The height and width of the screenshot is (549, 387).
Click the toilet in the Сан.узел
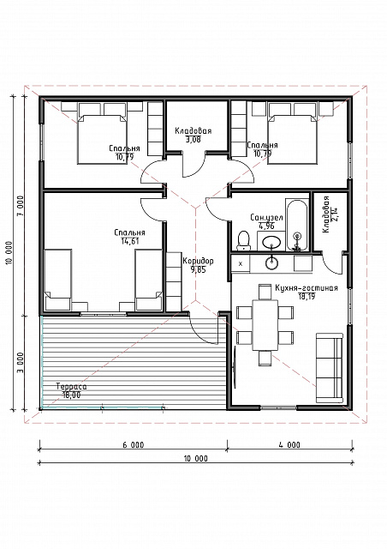point(244,240)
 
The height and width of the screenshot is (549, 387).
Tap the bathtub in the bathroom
point(297,225)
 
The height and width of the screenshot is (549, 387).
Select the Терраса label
point(71,387)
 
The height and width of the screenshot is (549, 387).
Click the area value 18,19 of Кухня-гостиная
point(306,297)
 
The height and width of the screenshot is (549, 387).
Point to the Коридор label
point(198,261)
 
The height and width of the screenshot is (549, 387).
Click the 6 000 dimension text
point(134,445)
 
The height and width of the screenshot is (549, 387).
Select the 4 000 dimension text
point(289,445)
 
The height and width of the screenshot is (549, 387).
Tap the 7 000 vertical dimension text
point(21,205)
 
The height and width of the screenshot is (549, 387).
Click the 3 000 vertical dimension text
point(21,362)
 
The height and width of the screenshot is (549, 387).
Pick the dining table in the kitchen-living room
point(265,324)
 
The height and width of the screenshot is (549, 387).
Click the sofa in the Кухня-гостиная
point(330,368)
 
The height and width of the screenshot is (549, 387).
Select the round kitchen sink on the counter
point(271,262)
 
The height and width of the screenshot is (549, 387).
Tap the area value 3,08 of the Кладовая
point(193,139)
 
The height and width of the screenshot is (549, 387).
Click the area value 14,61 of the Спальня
point(129,241)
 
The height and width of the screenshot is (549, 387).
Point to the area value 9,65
point(198,269)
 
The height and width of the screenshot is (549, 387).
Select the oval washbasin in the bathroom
point(271,242)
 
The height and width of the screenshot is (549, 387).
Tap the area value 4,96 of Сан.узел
point(266,226)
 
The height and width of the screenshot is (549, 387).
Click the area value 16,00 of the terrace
point(71,395)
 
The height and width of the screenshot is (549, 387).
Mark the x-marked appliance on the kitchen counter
point(241,263)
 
